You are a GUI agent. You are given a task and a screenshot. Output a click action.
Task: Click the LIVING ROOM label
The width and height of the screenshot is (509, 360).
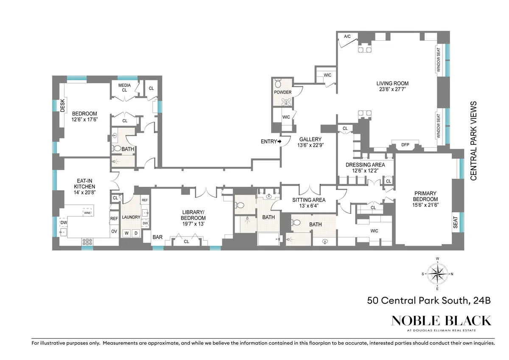[x=392, y=83]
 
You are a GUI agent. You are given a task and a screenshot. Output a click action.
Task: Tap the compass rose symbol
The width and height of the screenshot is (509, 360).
[x=437, y=274]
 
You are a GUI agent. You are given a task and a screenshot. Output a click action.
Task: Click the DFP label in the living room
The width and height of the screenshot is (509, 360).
[x=405, y=145]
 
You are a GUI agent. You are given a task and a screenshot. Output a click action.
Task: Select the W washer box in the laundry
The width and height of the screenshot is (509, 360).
[x=127, y=233]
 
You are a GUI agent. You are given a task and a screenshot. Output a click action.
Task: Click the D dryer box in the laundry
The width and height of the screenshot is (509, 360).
[x=136, y=233]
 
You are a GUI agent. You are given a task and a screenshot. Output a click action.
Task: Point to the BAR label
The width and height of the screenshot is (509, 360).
[x=157, y=237]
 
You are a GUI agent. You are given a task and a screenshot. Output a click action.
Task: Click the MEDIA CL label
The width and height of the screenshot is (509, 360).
[x=124, y=87]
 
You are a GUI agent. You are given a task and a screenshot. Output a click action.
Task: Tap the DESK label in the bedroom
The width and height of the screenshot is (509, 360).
[x=62, y=105]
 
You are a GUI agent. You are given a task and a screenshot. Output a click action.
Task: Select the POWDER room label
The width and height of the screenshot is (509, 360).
[x=282, y=92]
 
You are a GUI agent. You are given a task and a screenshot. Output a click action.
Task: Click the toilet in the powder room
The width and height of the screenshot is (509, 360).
[x=279, y=82]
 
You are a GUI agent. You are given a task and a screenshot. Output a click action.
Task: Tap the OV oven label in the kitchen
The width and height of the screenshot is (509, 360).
[x=114, y=231]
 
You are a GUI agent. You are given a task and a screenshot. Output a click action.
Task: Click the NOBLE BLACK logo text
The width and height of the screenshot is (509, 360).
[x=441, y=321]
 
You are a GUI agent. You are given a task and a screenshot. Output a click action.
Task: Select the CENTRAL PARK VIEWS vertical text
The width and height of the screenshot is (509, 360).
[x=474, y=141]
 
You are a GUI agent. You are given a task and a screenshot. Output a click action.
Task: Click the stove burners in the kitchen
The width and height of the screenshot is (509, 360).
[x=87, y=242]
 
